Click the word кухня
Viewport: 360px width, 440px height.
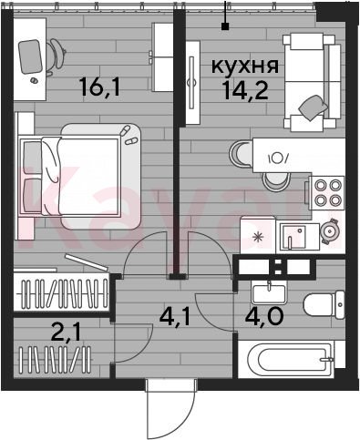click(x=245, y=67)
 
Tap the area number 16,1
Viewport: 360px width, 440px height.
click(x=99, y=87)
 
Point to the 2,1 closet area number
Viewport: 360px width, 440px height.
click(x=66, y=333)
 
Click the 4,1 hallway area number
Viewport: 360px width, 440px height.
click(x=175, y=317)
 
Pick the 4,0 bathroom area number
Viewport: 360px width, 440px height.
click(x=264, y=316)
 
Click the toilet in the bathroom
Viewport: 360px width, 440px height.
click(x=324, y=305)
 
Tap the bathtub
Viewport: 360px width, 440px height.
click(x=291, y=359)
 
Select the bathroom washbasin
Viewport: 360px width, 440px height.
click(x=269, y=292)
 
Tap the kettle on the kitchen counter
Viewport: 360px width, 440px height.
click(x=330, y=231)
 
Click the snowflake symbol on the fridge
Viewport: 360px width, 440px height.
click(x=258, y=237)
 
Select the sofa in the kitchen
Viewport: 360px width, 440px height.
click(x=312, y=82)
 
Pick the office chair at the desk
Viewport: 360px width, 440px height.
click(x=57, y=56)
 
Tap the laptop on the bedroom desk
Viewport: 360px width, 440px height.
click(x=30, y=57)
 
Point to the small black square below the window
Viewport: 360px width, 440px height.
click(x=225, y=26)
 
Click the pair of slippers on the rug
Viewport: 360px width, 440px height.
click(x=128, y=136)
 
